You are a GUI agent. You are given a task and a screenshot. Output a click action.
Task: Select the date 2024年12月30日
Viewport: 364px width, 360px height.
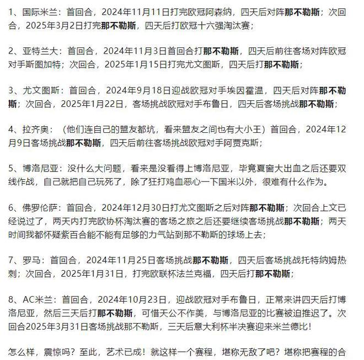130,209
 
